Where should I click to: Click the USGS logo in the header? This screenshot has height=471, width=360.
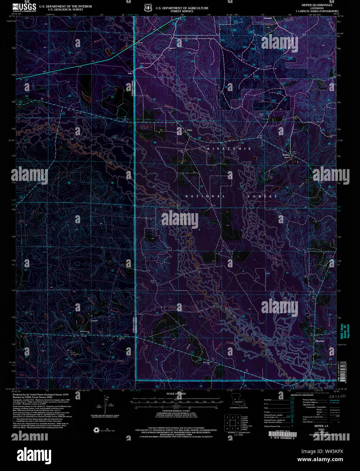[x=24, y=7]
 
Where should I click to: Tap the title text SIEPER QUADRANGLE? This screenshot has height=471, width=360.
[x=317, y=5]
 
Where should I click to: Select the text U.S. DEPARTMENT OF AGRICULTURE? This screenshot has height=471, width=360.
[x=182, y=8]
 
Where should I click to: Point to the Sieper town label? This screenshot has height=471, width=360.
[x=190, y=130]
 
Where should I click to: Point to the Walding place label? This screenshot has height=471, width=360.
[x=286, y=155]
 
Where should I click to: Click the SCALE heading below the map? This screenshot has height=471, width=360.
[x=175, y=394]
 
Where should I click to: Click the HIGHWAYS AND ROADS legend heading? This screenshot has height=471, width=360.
[x=302, y=395]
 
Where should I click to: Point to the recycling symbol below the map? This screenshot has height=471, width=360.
[x=96, y=430]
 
